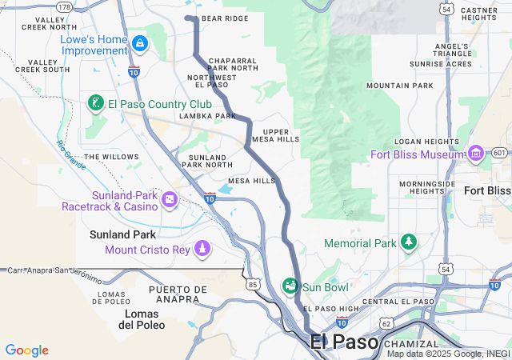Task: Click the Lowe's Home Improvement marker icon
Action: [x=140, y=42]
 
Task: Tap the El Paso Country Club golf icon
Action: [x=95, y=103]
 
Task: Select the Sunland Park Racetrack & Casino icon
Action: [x=170, y=198]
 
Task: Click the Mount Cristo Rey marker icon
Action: [x=202, y=249]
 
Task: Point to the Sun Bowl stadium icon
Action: [x=290, y=286]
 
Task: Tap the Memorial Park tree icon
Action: [x=409, y=242]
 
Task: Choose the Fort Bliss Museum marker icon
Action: [x=476, y=153]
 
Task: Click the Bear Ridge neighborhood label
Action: [x=225, y=18]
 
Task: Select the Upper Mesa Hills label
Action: [x=275, y=135]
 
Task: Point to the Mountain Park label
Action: [x=399, y=86]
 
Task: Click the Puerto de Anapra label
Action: [x=174, y=294]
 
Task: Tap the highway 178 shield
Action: [x=65, y=7]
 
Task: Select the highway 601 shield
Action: [x=499, y=153]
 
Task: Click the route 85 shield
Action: [x=254, y=284]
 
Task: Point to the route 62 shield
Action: [x=386, y=323]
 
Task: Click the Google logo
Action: [x=26, y=350]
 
